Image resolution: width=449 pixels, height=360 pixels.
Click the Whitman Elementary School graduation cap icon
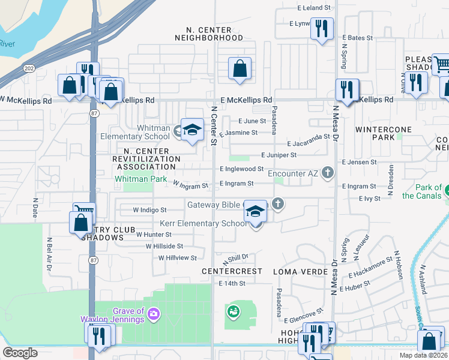pos(191,130)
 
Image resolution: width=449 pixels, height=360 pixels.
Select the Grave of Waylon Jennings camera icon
pos(154,314)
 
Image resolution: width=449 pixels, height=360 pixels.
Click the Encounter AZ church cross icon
pos(327,173)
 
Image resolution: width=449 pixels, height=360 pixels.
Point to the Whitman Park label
pos(141,179)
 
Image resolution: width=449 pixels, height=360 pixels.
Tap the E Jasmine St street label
pos(238,133)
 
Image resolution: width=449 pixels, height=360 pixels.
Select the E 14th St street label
pos(232,283)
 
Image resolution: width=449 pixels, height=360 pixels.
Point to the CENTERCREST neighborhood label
pos(232,271)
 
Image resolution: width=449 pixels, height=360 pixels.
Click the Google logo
pos(20,353)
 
